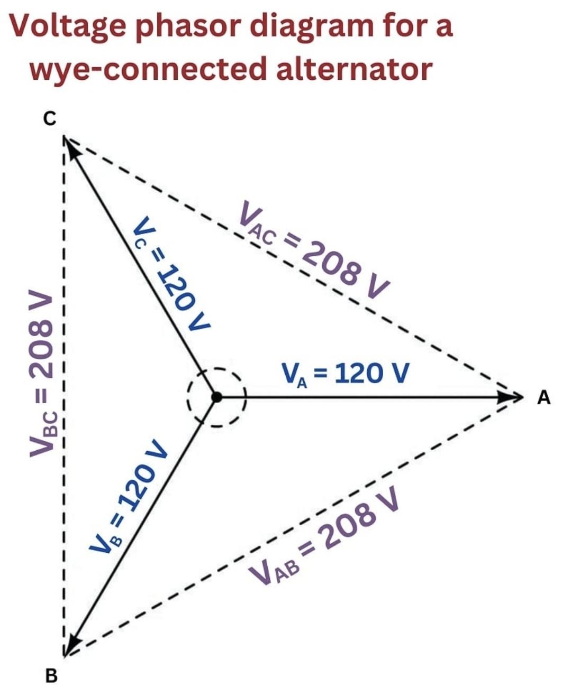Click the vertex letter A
pos(543,397)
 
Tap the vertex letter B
pos(51,675)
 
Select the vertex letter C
pos(49,119)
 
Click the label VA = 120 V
pos(345,374)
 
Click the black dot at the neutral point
pos(216,397)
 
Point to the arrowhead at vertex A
pos(511,397)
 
